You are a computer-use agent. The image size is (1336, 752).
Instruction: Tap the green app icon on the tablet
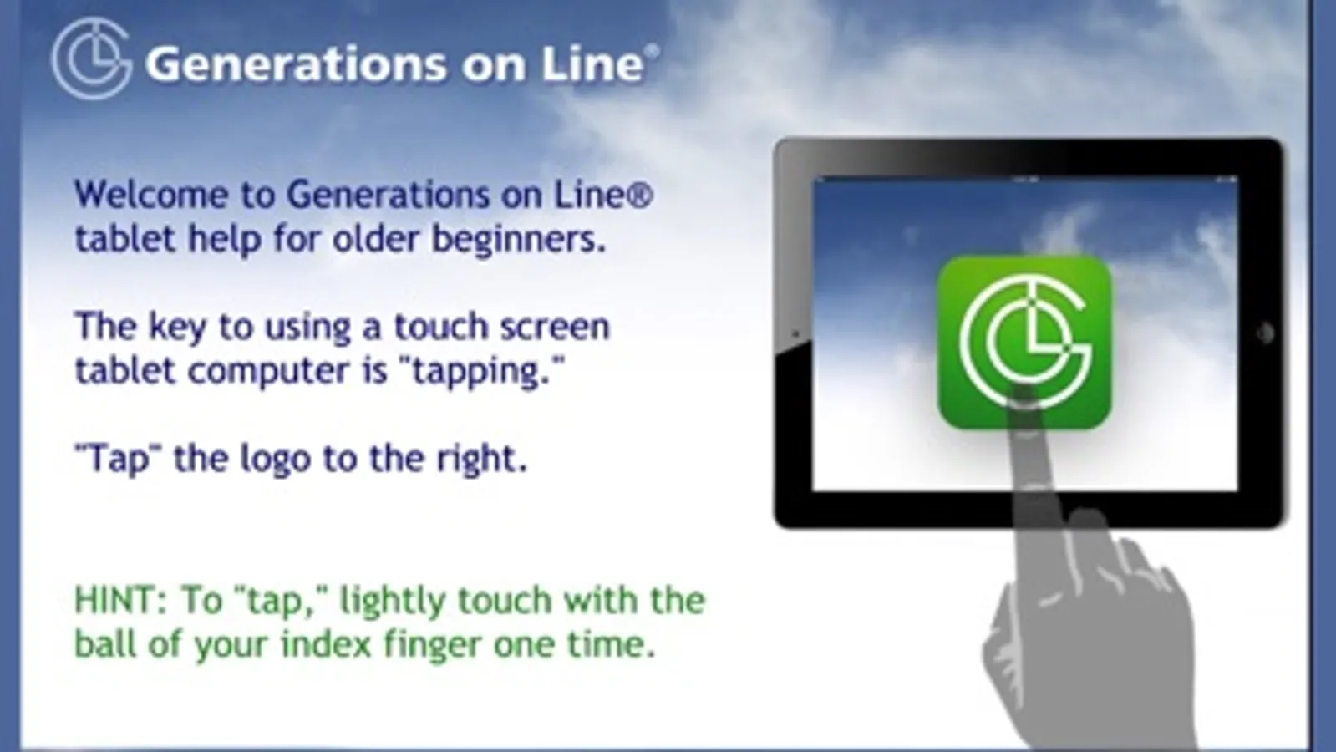coord(1024,342)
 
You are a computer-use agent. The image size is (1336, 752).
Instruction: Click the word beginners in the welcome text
coord(518,240)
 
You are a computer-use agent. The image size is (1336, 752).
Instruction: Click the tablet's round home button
coord(1264,333)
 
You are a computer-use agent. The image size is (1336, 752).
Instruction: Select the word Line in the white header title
coord(592,64)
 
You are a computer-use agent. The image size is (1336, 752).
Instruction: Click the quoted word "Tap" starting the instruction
coord(118,460)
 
